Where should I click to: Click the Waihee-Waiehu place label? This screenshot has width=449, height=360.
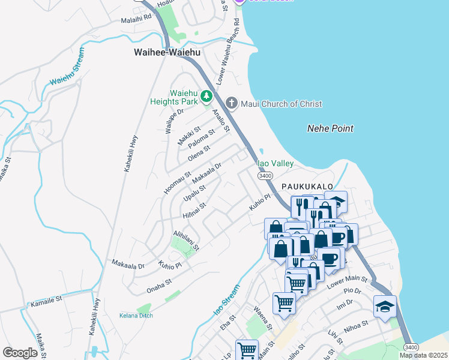point(167,53)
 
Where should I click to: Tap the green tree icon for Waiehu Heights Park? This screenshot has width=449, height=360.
point(206,96)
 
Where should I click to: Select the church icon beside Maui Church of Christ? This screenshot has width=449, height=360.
point(232,104)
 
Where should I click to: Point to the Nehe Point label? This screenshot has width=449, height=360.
point(330,128)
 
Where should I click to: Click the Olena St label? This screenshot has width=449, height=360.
point(199,154)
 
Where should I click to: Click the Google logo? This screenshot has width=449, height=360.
point(20,352)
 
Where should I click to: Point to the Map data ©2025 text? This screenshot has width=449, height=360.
point(423,355)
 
